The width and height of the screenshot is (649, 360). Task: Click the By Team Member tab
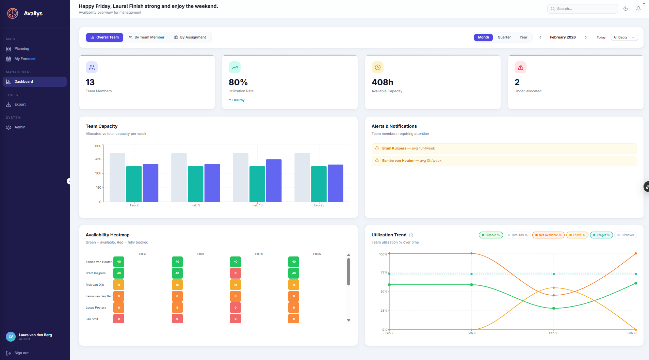146,37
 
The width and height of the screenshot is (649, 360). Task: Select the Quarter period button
504,37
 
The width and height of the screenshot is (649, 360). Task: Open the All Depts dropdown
624,37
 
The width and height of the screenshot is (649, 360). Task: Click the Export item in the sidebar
20,105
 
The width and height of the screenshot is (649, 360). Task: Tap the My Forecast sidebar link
25,59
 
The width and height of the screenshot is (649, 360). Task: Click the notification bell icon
638,9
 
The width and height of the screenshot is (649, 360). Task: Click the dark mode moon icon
626,9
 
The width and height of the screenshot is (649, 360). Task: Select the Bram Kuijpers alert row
504,148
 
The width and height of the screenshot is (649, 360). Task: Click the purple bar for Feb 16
274,181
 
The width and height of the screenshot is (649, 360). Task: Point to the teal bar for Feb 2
134,184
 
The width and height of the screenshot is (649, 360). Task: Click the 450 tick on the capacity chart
98,159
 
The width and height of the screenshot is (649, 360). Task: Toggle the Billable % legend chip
491,235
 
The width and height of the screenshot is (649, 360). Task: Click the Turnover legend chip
626,235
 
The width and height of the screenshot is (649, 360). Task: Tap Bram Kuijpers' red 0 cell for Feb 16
236,273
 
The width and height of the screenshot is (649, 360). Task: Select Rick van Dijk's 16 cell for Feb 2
119,285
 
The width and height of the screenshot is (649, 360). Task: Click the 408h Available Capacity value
382,82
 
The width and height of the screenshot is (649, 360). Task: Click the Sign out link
21,353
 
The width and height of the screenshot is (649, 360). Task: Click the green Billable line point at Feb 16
554,308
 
